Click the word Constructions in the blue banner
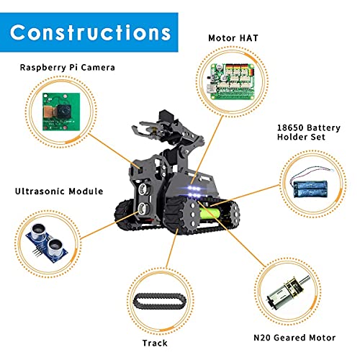click(x=91, y=32)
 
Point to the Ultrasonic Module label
click(x=56, y=192)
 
